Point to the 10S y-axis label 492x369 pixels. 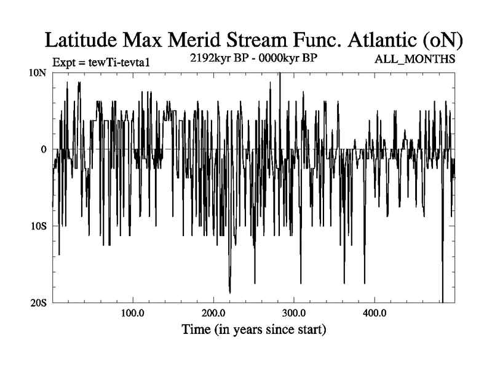[x=39, y=226]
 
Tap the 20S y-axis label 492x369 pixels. [x=39, y=303]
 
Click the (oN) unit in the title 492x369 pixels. [x=441, y=41]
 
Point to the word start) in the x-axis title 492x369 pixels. [x=309, y=330]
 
